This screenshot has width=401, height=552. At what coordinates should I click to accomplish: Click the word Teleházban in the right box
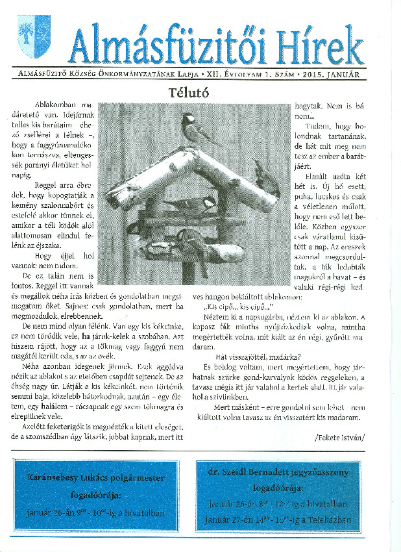(330, 520)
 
